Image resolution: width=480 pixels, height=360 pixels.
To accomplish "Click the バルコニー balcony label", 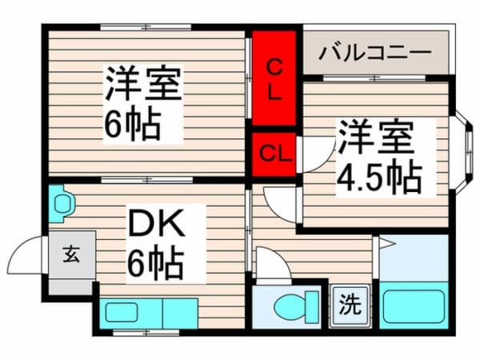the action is [x=374, y=53].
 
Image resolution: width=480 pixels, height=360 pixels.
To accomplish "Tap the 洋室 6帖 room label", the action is [x=142, y=103].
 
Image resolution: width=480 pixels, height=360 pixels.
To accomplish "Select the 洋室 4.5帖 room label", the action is [x=379, y=157].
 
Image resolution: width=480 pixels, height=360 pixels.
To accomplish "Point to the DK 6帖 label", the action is [x=157, y=243].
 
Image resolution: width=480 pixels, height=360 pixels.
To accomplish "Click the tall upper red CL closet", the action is [x=274, y=78].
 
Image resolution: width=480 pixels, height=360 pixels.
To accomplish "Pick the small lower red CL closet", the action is [x=274, y=154].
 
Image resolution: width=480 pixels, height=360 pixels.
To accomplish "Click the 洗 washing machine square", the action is [x=350, y=306].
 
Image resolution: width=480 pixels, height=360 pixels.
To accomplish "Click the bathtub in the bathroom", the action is [x=414, y=306].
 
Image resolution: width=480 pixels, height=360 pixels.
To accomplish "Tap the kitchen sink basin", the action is [x=122, y=313].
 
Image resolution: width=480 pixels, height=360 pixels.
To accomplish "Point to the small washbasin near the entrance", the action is [x=62, y=203].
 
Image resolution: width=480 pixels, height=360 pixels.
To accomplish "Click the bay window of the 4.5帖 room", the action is [x=463, y=153].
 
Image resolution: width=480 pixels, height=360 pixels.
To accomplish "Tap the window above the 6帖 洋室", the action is [x=146, y=27].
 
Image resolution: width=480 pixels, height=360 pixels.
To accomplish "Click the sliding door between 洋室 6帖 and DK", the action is [x=147, y=180].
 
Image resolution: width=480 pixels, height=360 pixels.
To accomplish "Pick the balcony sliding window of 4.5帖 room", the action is [x=374, y=78].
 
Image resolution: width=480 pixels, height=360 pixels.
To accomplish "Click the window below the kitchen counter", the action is [x=146, y=332].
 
